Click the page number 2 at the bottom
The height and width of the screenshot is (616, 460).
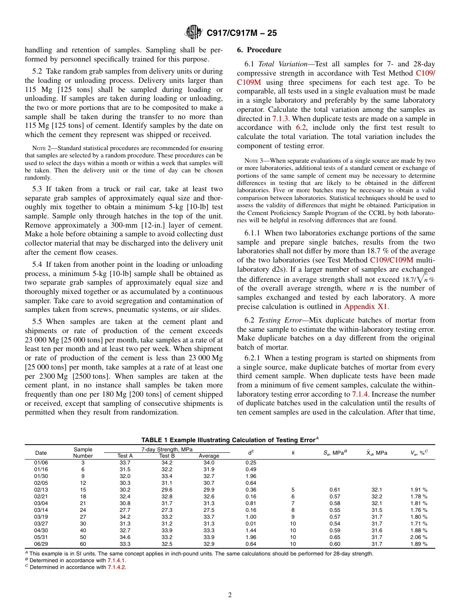tap(230, 595)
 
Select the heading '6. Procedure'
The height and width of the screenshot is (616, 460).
tap(259, 50)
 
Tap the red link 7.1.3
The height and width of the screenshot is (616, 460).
tap(281, 118)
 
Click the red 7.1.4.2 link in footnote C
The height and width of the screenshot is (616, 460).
tap(116, 567)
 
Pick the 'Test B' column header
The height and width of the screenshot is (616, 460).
tap(167, 456)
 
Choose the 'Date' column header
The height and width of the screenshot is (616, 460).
tap(41, 453)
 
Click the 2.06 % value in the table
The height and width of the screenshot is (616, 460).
tap(418, 537)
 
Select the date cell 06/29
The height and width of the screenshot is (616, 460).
tap(41, 544)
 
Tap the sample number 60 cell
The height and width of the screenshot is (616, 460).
tap(83, 544)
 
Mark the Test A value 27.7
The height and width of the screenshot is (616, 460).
tap(125, 510)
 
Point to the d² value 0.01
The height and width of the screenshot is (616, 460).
tap(251, 524)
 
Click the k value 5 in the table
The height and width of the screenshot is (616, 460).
tap(293, 490)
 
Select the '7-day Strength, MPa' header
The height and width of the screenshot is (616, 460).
tap(167, 450)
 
